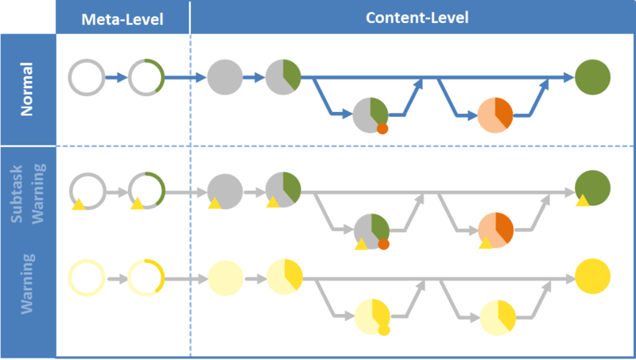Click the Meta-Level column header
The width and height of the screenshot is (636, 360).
click(x=122, y=18)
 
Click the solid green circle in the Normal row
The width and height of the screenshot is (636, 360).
click(x=592, y=77)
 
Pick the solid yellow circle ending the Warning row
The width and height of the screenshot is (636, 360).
click(x=592, y=277)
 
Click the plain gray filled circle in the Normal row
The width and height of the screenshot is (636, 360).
click(x=225, y=77)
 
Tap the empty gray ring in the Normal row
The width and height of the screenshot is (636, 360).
click(x=86, y=78)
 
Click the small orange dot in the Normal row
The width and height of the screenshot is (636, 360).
click(x=382, y=130)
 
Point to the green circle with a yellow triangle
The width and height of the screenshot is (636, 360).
click(x=592, y=189)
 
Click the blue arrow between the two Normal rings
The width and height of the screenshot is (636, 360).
click(x=116, y=78)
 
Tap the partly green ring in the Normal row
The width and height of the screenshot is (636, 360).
click(x=146, y=78)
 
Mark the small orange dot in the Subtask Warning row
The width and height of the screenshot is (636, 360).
click(x=383, y=245)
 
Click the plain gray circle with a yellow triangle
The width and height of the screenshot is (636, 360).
click(x=225, y=191)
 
